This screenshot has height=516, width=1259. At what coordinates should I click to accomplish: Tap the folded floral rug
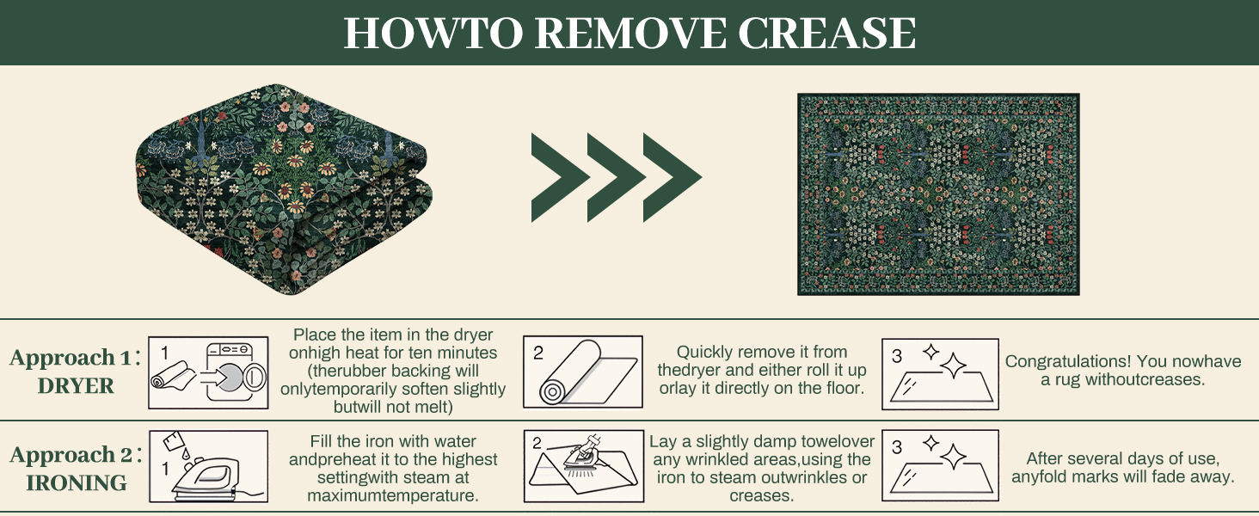point(285,190)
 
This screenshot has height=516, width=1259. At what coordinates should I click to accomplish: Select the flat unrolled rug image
point(938,194)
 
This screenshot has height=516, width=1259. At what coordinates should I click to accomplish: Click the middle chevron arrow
point(616,178)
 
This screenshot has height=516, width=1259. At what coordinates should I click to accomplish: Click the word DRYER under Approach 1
point(76,387)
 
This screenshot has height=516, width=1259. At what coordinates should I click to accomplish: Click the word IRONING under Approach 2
point(77,483)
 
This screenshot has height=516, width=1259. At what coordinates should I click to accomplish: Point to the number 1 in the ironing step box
point(166,469)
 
